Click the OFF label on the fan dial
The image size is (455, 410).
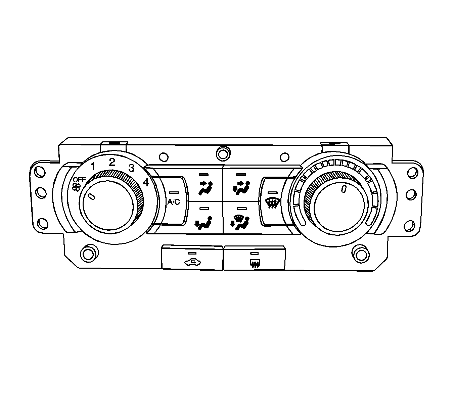click(x=79, y=180)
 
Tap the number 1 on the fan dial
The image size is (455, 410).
click(x=93, y=167)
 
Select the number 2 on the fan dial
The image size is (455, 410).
click(x=112, y=162)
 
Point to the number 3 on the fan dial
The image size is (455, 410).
click(x=131, y=168)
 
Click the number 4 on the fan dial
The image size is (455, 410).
click(x=146, y=183)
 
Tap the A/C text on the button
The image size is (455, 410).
click(x=174, y=202)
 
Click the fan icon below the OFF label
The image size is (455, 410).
click(x=77, y=187)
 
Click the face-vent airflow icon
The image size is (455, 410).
click(x=206, y=188)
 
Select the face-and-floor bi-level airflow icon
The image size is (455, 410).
click(x=241, y=188)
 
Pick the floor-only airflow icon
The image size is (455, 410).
click(x=203, y=223)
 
